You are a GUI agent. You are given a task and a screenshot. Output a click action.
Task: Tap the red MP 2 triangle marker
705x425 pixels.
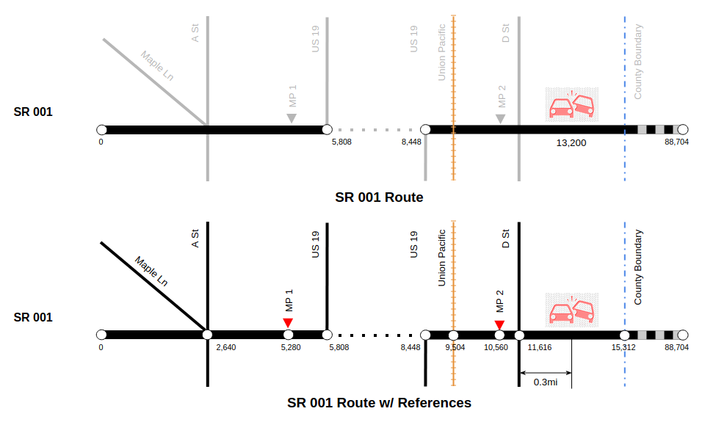pos(499,325)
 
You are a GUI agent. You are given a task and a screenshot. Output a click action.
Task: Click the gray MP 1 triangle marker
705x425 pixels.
pos(292,118)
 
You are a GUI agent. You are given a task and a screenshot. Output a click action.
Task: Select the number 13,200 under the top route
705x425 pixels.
pos(571,143)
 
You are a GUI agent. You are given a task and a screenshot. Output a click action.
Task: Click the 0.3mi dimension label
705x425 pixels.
pos(545,382)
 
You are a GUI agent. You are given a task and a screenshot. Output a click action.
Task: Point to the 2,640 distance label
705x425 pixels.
pos(225,347)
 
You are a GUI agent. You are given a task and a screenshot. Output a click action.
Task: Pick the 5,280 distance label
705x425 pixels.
pos(291,347)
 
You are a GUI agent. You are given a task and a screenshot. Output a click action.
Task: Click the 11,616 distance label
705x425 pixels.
pos(539,347)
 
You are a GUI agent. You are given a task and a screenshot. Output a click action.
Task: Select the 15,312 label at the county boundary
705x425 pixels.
pos(623,347)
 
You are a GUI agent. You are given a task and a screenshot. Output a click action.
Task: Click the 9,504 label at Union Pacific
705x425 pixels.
pos(455,347)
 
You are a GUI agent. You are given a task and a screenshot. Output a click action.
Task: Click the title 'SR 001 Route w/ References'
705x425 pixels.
pos(379,403)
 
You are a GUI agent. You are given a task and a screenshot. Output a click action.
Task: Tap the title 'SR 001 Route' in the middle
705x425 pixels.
pos(379,197)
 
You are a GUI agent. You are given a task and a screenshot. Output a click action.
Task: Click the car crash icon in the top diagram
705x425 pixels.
pos(571,105)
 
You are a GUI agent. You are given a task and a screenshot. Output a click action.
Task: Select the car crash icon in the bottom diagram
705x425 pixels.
pos(571,310)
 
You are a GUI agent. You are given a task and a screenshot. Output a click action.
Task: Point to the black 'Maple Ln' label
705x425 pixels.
pos(152,272)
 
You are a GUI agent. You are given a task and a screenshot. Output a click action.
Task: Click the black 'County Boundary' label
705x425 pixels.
pos(638,268)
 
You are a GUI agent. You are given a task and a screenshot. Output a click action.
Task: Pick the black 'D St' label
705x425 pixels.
pos(506,239)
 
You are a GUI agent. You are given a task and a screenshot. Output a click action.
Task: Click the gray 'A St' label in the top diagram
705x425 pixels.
pos(195,33)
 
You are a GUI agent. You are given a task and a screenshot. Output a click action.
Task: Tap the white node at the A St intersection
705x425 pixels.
pos(208,335)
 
